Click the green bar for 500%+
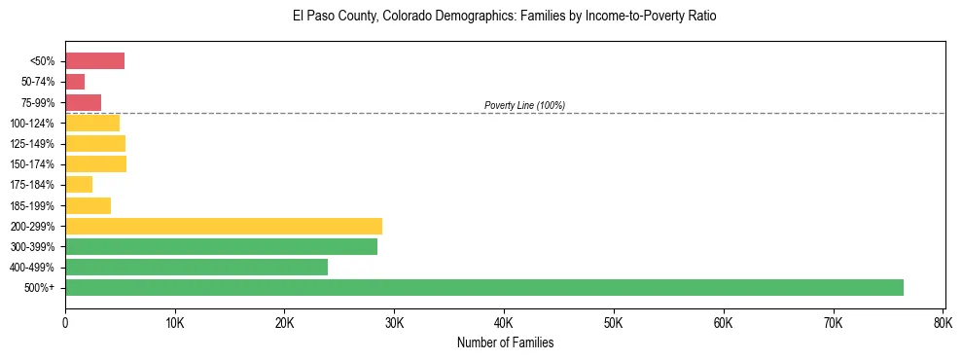tap(483, 287)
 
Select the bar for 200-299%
tap(224, 226)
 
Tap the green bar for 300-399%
tap(221, 246)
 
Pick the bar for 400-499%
tap(196, 267)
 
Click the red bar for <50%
tap(94, 61)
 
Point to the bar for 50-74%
tap(75, 82)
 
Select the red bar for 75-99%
tap(83, 102)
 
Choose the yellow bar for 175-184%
tap(79, 184)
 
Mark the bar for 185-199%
tap(88, 205)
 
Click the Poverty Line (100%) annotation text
tap(524, 105)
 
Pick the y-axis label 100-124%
tap(32, 124)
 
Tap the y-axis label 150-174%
tap(32, 164)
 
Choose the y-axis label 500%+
tap(40, 288)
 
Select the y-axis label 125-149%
tap(32, 144)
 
